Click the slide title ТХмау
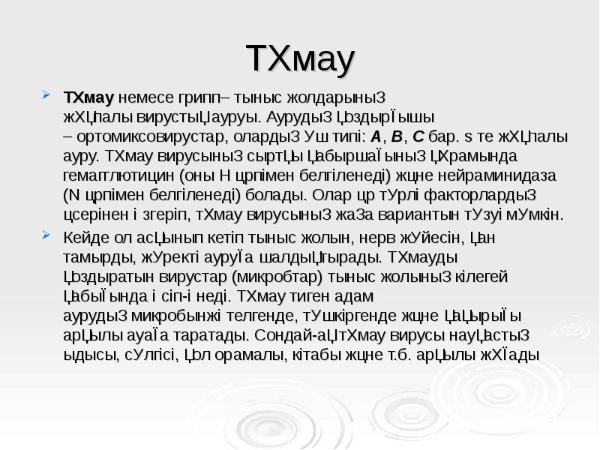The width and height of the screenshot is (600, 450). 299,60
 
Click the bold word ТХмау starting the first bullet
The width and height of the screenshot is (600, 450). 88,98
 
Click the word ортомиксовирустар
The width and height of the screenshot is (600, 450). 139,137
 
